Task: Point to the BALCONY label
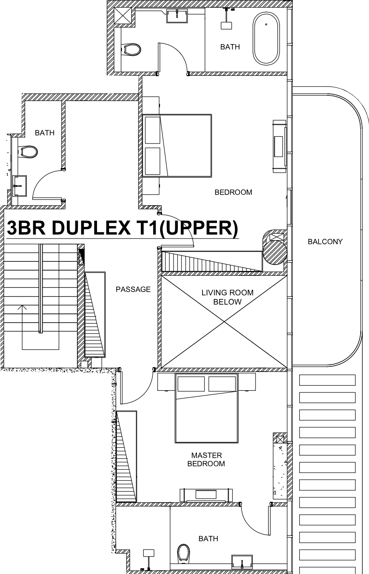click(325, 242)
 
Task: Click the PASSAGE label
click(133, 289)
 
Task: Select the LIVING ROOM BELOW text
click(227, 297)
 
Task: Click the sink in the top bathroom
click(177, 16)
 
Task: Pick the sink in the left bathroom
click(20, 186)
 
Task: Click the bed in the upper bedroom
click(177, 146)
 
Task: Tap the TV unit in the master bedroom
click(206, 495)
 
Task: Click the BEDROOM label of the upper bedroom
click(233, 192)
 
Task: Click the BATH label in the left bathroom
click(45, 133)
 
